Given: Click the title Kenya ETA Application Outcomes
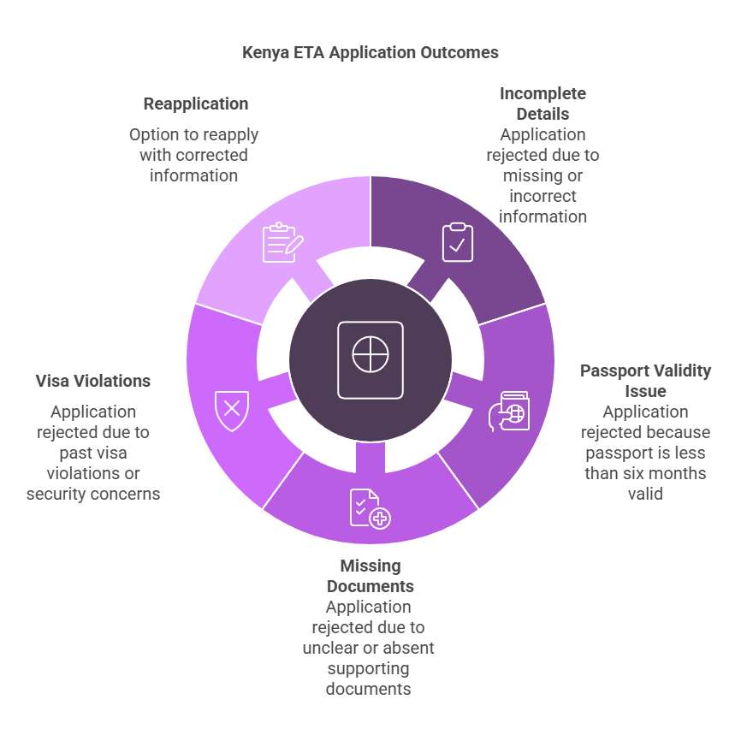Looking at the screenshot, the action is click(370, 52).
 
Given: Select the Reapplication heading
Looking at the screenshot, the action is click(196, 104).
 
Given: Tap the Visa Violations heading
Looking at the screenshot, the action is click(92, 381).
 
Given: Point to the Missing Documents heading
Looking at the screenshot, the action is click(370, 576).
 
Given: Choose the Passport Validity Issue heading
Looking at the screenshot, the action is click(645, 381).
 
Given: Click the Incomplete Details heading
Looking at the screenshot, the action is click(542, 104).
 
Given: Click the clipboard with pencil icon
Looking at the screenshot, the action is click(282, 242).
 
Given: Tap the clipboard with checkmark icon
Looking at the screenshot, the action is click(458, 242).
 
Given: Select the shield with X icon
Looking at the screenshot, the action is click(232, 410).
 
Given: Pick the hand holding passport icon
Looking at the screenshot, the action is click(509, 411).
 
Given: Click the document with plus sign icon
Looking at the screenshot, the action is click(370, 508).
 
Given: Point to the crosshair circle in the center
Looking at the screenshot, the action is click(370, 354).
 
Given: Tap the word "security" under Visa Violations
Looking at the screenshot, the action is click(57, 494).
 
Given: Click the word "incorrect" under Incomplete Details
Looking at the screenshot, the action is click(542, 196).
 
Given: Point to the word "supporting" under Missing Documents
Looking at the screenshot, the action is click(368, 668).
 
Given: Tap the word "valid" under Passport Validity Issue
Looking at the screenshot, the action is click(645, 494).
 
